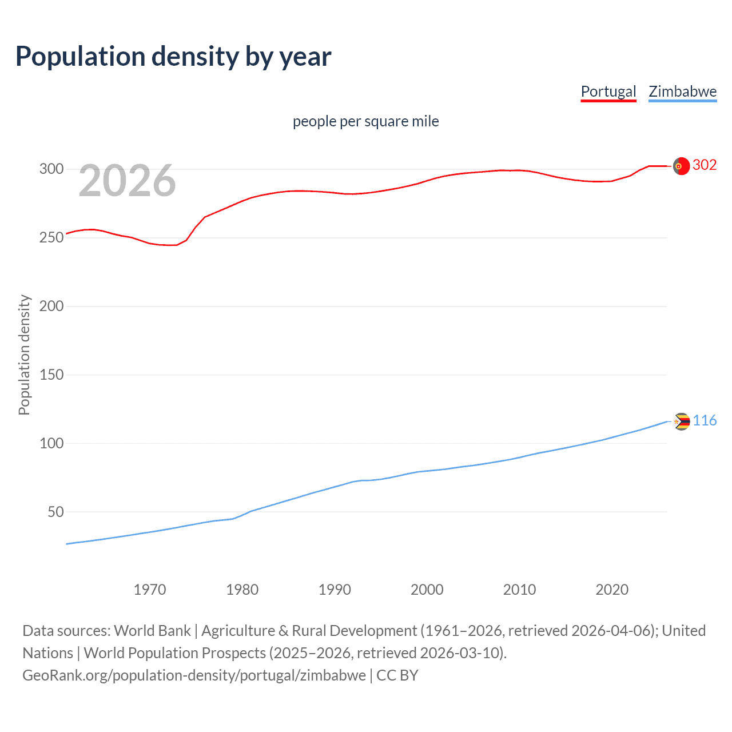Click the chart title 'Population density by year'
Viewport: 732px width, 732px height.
coord(173,57)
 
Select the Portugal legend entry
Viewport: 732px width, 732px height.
coord(608,91)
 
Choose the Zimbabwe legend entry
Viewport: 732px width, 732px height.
coord(682,91)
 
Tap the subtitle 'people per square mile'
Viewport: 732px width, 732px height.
coord(365,121)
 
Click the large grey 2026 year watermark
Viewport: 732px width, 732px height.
coord(127,181)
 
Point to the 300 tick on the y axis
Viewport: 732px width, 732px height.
coord(51,169)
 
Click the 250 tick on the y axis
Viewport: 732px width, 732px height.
coord(51,237)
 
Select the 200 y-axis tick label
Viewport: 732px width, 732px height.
coord(51,306)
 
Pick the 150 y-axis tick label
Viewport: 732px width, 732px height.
coord(51,375)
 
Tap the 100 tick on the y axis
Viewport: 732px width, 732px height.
coord(51,443)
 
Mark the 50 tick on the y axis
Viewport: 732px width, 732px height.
coord(55,512)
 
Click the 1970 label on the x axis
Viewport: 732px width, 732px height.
coord(150,590)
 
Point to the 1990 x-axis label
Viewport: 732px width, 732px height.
coord(335,590)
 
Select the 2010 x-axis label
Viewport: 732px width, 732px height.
coord(519,590)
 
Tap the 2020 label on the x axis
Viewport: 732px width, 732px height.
coord(612,590)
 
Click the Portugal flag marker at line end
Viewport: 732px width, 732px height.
coord(681,166)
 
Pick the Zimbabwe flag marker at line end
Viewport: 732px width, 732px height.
coord(681,421)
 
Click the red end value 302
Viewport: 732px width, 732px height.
coord(705,165)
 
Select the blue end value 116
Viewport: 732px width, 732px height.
coord(705,421)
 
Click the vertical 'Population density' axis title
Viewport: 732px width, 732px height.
coord(24,355)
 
